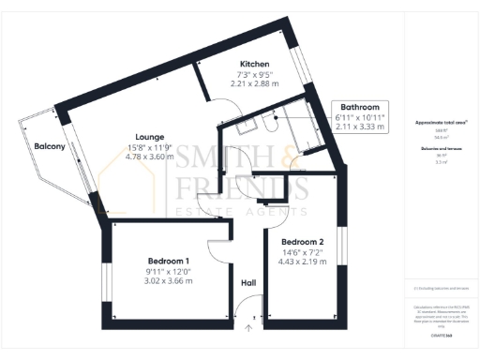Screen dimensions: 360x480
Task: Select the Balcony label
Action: pos(49,147)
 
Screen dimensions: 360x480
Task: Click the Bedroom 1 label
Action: pos(169,261)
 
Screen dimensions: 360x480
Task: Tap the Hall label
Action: pos(248,282)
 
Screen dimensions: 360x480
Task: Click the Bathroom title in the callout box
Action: pos(360,108)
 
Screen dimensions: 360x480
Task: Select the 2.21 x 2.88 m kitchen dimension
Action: pos(256,83)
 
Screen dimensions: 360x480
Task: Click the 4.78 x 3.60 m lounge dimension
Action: pos(152,157)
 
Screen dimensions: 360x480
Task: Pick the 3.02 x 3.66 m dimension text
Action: pos(169,281)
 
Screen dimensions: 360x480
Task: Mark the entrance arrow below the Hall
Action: pos(249,328)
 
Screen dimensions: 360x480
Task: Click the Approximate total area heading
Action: pos(441,122)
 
